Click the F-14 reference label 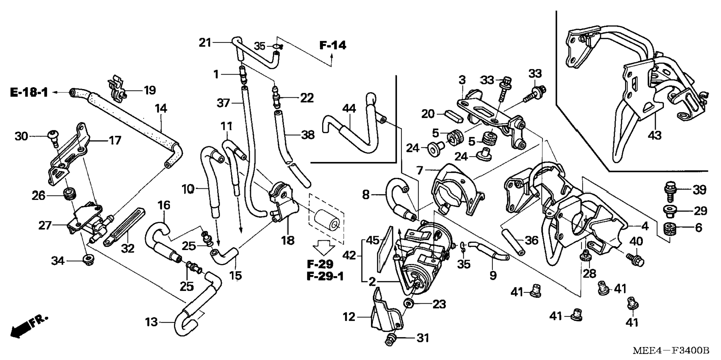(x=333, y=46)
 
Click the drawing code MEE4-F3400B (x=671, y=351)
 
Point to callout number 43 (x=654, y=135)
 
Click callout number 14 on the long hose (x=161, y=109)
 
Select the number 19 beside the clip (x=149, y=90)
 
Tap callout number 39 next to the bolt (x=699, y=190)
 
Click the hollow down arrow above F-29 (x=323, y=247)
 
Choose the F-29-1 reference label (x=325, y=276)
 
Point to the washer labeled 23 (x=409, y=303)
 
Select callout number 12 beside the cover (x=349, y=317)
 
